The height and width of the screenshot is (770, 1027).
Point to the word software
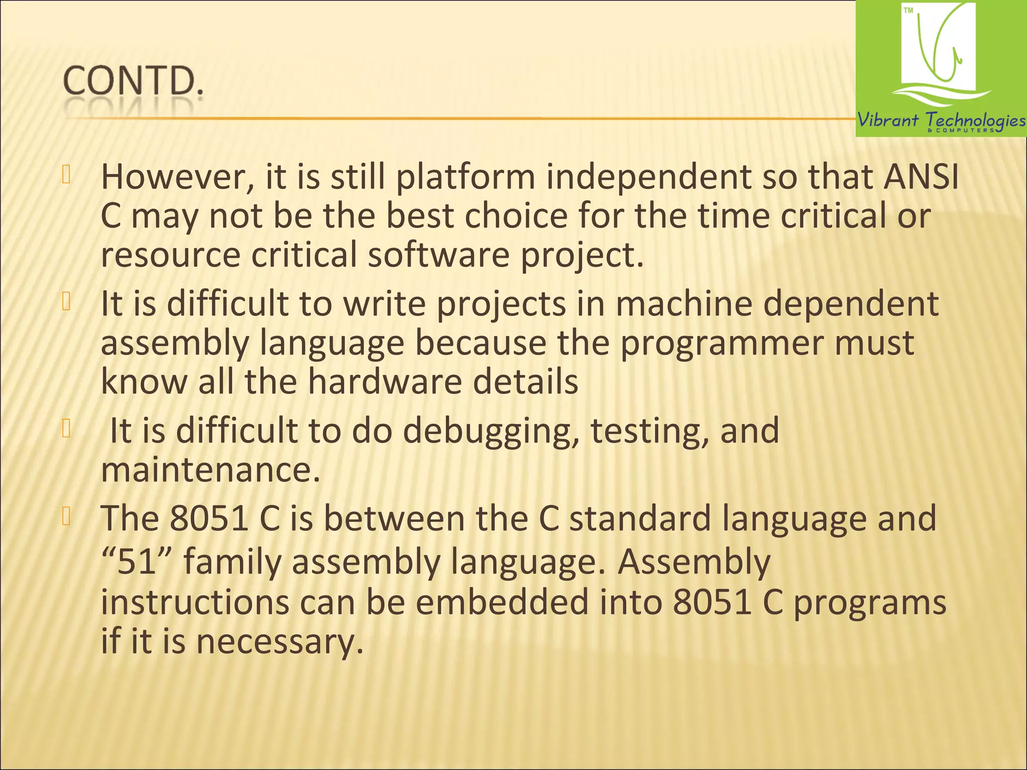(439, 255)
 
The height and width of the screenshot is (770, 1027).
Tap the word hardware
(385, 381)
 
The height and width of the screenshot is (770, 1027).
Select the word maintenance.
(210, 470)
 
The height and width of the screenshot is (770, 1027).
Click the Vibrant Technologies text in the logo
(941, 120)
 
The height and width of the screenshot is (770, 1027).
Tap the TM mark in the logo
(908, 11)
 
